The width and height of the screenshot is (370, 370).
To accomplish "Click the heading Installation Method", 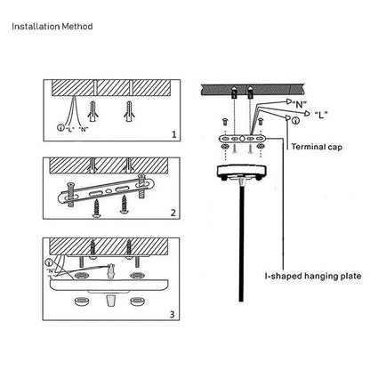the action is tap(52, 27).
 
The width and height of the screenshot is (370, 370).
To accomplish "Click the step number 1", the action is tap(174, 134).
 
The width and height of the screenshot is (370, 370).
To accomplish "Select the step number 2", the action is tap(173, 213).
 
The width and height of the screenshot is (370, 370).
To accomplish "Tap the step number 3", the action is tap(173, 314).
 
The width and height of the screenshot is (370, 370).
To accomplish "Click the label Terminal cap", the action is tap(317, 147).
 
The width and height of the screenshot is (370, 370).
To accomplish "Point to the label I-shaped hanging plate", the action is tap(313, 276).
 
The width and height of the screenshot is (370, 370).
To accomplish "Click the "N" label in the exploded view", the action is tap(300, 104).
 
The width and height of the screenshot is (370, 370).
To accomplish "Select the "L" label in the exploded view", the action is tap(321, 115).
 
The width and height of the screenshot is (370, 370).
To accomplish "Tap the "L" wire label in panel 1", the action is tap(69, 129).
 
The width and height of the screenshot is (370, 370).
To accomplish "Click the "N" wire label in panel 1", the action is tap(84, 129).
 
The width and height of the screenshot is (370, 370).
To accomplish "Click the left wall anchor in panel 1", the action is tap(92, 112).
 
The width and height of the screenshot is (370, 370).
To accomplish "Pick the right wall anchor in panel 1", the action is tap(129, 112).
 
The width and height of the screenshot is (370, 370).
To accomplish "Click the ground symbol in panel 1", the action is tap(60, 128).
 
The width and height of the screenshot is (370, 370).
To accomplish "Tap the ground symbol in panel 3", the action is tap(49, 262).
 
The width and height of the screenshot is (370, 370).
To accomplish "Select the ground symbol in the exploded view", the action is tap(295, 121).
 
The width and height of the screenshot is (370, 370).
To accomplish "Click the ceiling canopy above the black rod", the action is tap(242, 172).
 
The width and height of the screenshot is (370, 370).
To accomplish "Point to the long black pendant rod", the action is tap(242, 243).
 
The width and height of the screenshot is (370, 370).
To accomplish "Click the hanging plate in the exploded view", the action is tap(243, 138).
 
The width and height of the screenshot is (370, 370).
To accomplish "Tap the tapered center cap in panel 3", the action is tap(110, 302).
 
